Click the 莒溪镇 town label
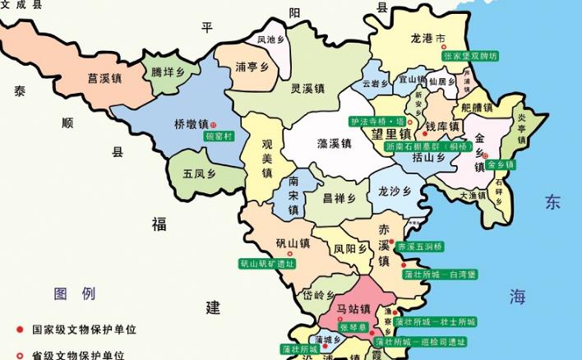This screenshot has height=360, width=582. point(104,80)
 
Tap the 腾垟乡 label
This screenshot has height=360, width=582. point(168,72)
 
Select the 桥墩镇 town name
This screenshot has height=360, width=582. point(191,124)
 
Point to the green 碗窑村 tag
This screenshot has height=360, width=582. point(219,136)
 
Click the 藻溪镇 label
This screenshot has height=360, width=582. point(335,143)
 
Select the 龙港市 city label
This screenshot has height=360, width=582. point(428,39)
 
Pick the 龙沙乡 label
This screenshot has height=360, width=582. point(394,191)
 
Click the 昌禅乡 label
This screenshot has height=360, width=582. point(339,198)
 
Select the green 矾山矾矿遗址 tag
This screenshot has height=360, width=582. point(266,264)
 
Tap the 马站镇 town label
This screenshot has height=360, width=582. point(353,310)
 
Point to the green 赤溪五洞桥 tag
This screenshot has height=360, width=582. point(420,247)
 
